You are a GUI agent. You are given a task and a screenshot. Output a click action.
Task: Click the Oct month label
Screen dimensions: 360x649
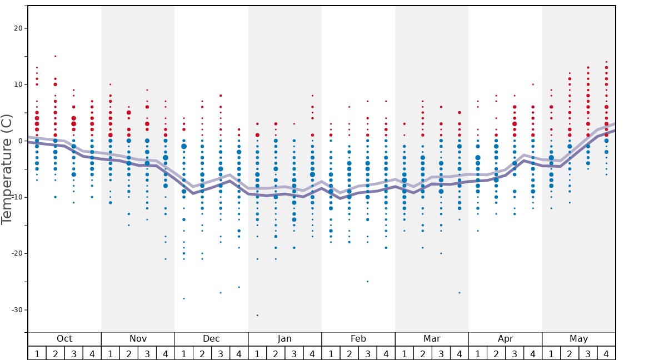click(x=64, y=339)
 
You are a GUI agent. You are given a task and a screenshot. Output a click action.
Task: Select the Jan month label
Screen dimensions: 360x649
click(x=284, y=339)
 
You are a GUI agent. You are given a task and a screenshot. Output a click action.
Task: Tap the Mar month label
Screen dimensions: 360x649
click(x=432, y=339)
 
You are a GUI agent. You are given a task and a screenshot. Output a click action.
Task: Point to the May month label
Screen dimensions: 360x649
click(x=578, y=339)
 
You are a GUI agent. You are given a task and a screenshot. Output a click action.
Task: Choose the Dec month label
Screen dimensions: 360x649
click(x=211, y=339)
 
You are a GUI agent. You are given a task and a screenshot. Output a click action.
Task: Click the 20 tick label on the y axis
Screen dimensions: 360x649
click(x=18, y=28)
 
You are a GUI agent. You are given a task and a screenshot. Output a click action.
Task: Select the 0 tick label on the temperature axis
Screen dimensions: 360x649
click(x=20, y=141)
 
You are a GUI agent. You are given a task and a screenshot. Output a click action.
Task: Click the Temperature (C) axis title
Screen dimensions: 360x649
click(x=7, y=169)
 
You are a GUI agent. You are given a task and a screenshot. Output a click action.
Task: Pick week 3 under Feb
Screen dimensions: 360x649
click(x=367, y=353)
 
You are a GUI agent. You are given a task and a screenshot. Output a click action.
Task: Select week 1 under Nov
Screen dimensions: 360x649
click(x=110, y=353)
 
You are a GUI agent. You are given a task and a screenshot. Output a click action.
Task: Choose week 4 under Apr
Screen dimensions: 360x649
click(x=533, y=353)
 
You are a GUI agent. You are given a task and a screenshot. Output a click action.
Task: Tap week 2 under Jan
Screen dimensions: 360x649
click(x=276, y=353)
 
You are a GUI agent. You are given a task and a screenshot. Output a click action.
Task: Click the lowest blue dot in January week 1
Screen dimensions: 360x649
click(x=257, y=315)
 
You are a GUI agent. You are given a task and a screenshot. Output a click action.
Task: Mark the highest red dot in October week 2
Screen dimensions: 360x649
click(x=55, y=56)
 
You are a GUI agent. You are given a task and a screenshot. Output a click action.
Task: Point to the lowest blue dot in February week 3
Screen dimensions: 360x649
click(x=367, y=281)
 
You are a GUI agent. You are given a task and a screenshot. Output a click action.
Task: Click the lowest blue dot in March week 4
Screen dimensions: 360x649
click(x=460, y=293)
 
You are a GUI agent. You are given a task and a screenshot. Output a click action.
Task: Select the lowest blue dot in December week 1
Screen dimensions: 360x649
click(x=184, y=298)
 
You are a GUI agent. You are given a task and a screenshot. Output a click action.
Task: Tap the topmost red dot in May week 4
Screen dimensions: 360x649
click(x=606, y=62)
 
